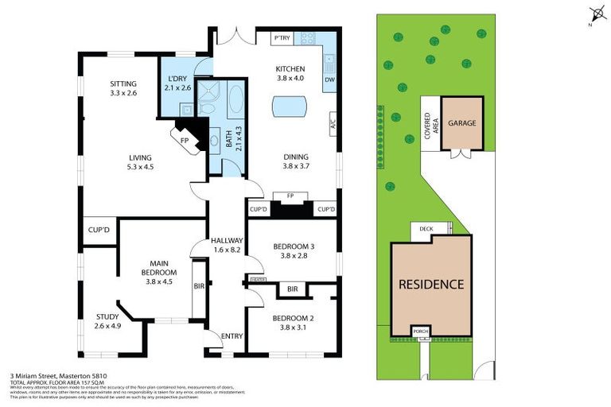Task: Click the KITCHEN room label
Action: click(x=290, y=68)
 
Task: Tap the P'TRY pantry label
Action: click(x=282, y=38)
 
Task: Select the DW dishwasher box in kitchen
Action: click(x=329, y=80)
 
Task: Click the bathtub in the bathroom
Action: click(x=236, y=99)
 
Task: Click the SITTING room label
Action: click(x=123, y=83)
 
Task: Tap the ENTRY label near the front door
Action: click(x=232, y=336)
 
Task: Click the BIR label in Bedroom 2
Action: click(x=293, y=289)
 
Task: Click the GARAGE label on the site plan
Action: click(x=461, y=124)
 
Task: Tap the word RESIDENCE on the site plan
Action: click(x=430, y=284)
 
